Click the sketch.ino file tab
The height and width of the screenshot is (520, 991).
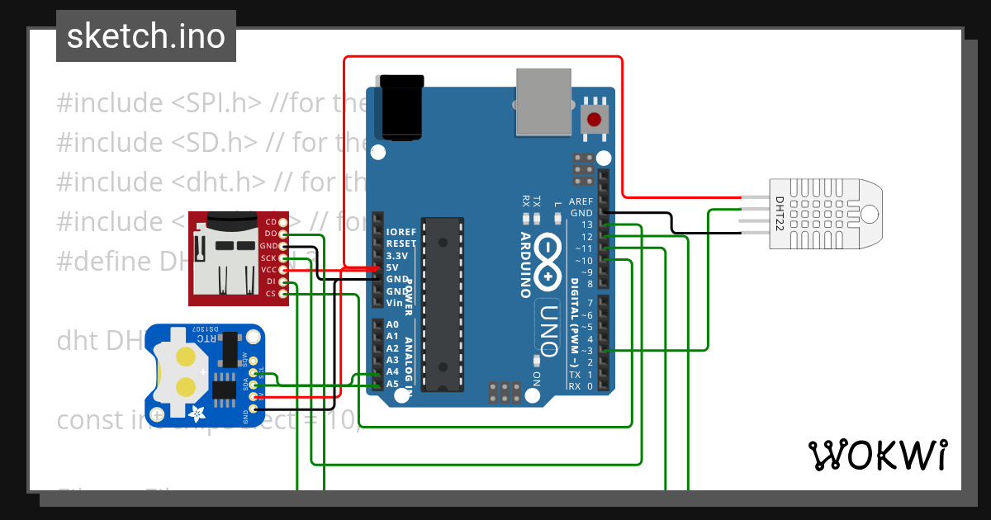click(145, 36)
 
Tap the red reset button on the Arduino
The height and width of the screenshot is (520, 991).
click(594, 120)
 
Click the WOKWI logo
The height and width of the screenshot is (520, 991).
click(877, 455)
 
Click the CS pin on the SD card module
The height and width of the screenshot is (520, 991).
click(271, 294)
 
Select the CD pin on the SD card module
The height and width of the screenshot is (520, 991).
click(271, 222)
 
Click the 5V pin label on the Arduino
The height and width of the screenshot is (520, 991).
click(393, 267)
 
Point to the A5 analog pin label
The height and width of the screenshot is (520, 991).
click(393, 384)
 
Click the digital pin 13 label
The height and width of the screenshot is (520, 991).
click(586, 225)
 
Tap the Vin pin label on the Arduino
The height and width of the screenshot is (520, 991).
click(395, 303)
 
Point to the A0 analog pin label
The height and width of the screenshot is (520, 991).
click(393, 325)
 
